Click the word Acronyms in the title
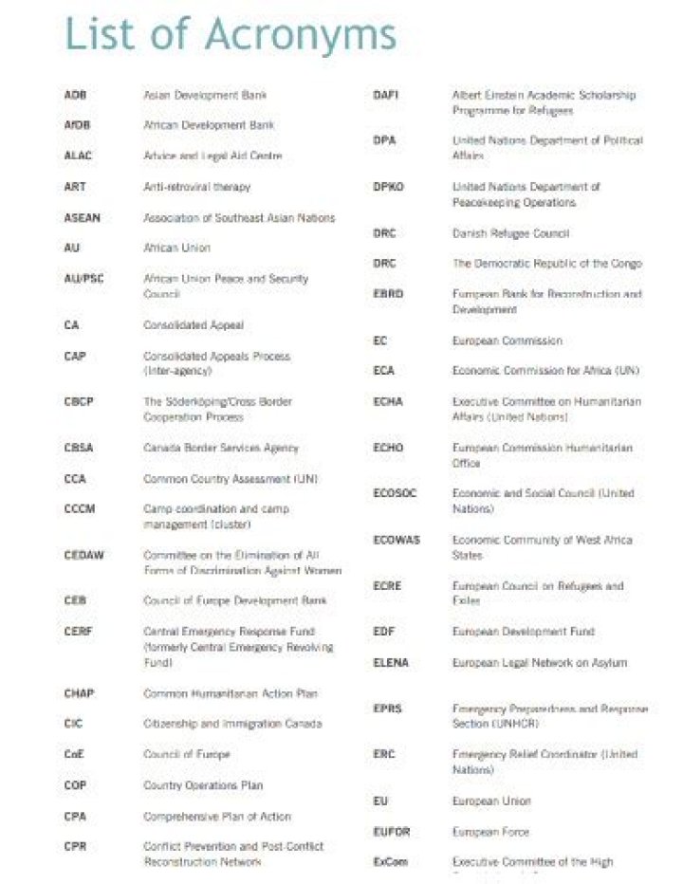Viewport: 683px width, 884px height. click(x=301, y=36)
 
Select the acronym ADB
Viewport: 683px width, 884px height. click(x=75, y=95)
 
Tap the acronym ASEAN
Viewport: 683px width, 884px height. click(x=82, y=218)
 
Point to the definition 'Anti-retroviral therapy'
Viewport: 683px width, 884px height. click(x=196, y=187)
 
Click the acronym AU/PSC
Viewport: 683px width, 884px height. click(x=83, y=279)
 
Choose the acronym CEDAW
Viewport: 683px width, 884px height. click(x=83, y=555)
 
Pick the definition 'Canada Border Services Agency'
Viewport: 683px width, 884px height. click(x=220, y=448)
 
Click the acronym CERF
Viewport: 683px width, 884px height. click(x=78, y=632)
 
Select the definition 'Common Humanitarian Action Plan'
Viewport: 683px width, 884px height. click(x=230, y=693)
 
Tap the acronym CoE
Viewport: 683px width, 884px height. click(x=75, y=755)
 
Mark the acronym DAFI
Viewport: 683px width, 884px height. click(x=385, y=95)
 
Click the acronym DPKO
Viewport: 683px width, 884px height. click(x=388, y=187)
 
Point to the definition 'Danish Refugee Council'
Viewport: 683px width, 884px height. click(x=510, y=232)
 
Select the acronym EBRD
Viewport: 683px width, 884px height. click(x=388, y=294)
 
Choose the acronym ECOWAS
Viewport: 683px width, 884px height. click(x=397, y=540)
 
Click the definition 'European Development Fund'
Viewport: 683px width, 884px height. click(x=524, y=632)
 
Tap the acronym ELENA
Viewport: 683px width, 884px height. click(x=390, y=663)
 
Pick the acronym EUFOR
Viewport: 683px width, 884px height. click(x=391, y=832)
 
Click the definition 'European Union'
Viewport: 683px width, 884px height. click(x=491, y=801)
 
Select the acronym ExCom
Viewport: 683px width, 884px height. click(x=390, y=862)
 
